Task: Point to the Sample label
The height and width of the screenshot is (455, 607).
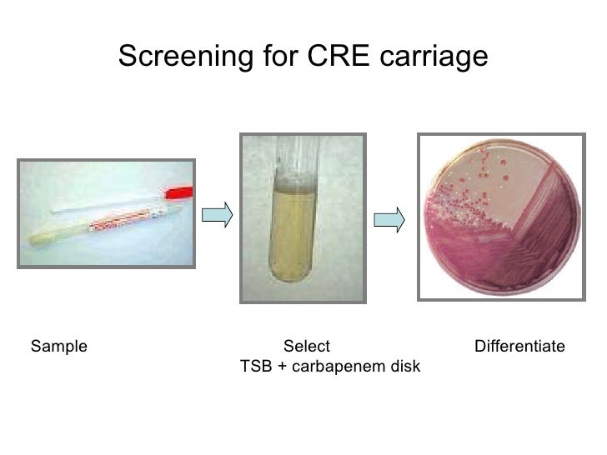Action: click(58, 346)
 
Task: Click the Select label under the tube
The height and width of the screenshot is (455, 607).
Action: click(307, 346)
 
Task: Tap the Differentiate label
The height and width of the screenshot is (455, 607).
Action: click(519, 346)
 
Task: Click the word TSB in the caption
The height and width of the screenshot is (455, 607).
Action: click(256, 367)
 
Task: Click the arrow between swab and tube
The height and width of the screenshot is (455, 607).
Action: click(217, 214)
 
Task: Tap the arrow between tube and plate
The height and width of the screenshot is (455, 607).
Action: click(389, 220)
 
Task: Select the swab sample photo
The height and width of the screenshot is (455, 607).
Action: click(106, 213)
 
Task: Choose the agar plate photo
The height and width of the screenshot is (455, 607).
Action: click(501, 217)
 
